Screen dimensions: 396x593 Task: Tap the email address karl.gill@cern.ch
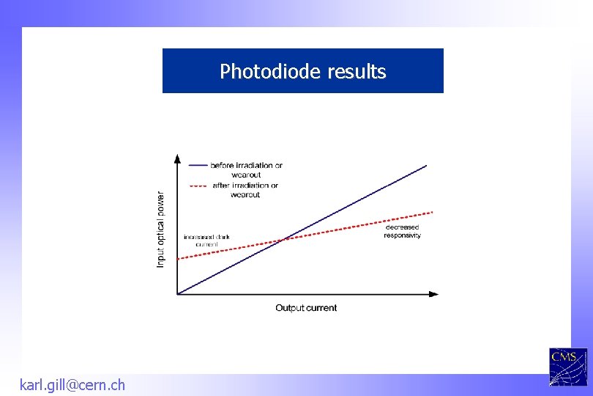click(72, 384)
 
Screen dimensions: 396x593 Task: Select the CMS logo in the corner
click(568, 365)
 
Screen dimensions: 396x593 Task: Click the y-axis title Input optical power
click(161, 230)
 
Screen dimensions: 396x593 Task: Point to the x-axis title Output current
click(306, 308)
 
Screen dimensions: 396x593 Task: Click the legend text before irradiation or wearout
click(246, 169)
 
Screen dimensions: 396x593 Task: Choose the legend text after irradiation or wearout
click(245, 190)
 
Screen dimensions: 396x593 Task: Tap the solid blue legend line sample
click(198, 165)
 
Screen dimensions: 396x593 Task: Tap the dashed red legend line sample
click(198, 186)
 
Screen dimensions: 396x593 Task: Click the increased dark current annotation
click(206, 241)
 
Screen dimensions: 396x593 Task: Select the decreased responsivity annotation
click(402, 232)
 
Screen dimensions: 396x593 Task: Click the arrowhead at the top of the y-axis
click(177, 157)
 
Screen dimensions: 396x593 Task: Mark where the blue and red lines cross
click(284, 239)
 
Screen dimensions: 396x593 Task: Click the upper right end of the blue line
click(426, 166)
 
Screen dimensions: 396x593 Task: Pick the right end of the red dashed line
click(433, 212)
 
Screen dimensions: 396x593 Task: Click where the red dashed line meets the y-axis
click(178, 259)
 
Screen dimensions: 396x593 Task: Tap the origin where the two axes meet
click(178, 294)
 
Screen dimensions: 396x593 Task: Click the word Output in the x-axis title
click(289, 308)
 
